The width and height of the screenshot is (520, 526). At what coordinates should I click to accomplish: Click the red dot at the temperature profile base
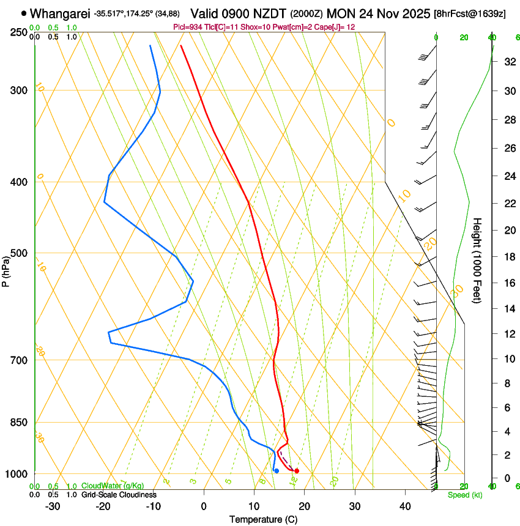pyautogui.click(x=297, y=470)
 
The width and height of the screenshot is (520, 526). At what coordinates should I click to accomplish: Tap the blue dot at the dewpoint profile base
pyautogui.click(x=277, y=470)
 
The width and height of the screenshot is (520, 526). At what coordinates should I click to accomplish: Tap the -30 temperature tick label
pyautogui.click(x=53, y=506)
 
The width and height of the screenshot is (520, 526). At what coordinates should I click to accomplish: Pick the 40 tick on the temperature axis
pyautogui.click(x=405, y=506)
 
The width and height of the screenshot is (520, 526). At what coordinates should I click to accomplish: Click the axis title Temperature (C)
pyautogui.click(x=264, y=519)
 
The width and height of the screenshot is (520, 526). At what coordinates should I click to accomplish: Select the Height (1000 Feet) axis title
pyautogui.click(x=478, y=260)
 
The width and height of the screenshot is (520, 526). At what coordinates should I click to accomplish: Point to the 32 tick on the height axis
pyautogui.click(x=509, y=62)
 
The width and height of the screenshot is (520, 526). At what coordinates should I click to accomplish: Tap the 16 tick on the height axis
pyautogui.click(x=509, y=283)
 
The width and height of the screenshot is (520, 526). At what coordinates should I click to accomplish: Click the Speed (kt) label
pyautogui.click(x=464, y=495)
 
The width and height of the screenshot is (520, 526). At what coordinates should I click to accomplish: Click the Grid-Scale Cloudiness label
pyautogui.click(x=119, y=495)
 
